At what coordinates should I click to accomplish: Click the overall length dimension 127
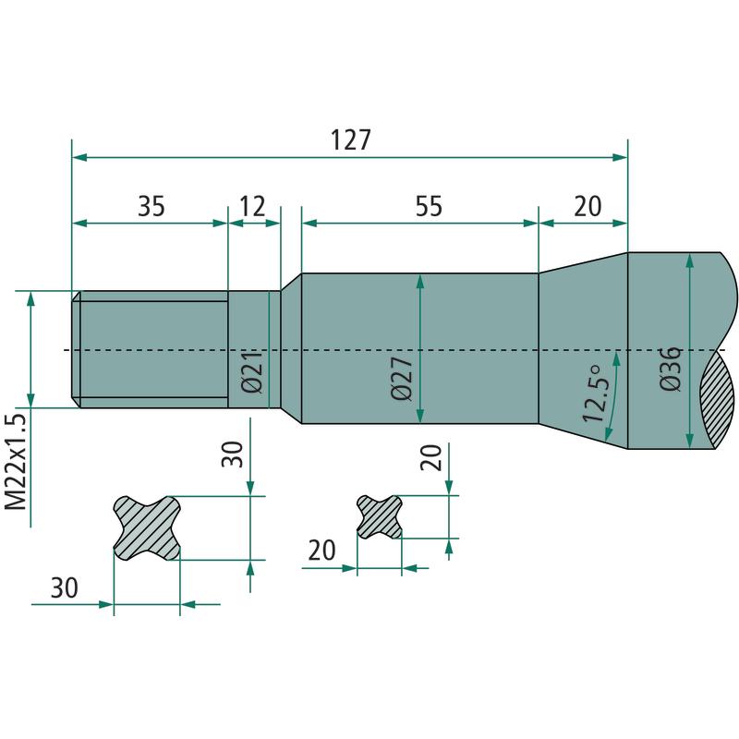tap(351, 140)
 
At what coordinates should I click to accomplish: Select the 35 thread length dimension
tap(151, 206)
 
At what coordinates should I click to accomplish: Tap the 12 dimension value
tap(253, 206)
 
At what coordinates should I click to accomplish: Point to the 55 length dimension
tap(429, 206)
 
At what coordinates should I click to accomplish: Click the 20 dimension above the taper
tap(588, 206)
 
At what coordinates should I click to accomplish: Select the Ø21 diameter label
tap(251, 371)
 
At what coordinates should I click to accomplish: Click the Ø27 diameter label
tap(402, 378)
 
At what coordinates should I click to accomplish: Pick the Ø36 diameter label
tap(671, 369)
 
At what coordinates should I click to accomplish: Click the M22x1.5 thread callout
tap(16, 463)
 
